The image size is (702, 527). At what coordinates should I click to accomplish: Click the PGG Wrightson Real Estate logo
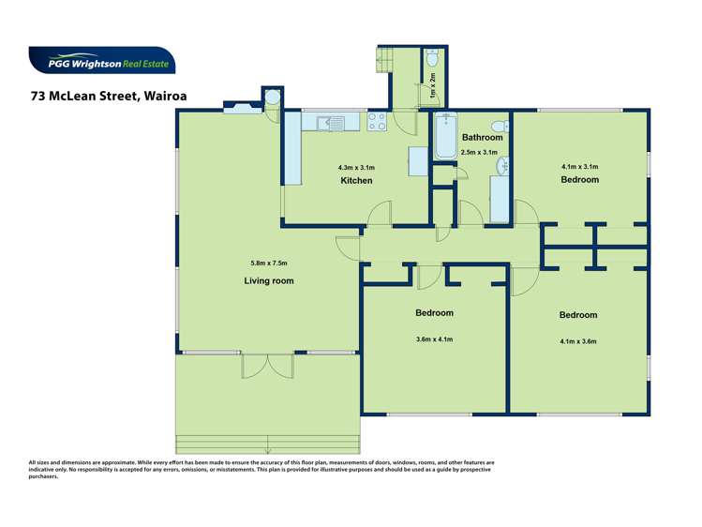[101, 62]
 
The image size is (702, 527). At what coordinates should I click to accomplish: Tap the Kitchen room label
[356, 180]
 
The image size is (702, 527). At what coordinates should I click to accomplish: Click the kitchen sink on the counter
[329, 121]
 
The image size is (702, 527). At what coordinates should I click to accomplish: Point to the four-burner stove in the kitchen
[377, 121]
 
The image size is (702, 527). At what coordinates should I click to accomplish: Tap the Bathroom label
[482, 138]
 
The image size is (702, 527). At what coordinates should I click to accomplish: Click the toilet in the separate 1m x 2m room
[431, 59]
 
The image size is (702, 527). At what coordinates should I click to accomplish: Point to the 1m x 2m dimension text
[432, 89]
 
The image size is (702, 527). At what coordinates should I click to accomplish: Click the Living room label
[269, 280]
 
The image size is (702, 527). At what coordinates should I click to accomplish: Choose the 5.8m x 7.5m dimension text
[269, 263]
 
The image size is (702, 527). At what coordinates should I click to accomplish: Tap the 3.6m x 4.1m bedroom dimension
[434, 339]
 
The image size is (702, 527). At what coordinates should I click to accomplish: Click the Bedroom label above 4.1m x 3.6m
[577, 315]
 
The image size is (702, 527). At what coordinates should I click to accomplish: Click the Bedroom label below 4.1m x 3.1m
[579, 179]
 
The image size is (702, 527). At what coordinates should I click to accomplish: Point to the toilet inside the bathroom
[500, 125]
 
